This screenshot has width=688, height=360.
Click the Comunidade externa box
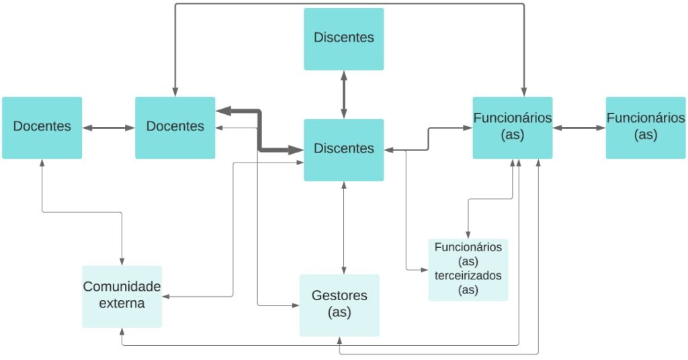pos(122,296)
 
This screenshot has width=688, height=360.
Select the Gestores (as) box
pos(339,304)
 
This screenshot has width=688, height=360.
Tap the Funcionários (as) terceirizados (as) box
pos(468,269)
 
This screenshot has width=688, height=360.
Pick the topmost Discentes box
pos(343,38)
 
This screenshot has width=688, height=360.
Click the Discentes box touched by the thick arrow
pos(343,149)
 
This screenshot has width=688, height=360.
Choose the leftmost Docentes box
pos(42,128)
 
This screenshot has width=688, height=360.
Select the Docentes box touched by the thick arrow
pos(175,128)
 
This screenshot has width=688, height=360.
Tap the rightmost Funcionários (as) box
pos(646,128)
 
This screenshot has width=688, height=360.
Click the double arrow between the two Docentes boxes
pos(108,127)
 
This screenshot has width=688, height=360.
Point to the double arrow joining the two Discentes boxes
pos(344,95)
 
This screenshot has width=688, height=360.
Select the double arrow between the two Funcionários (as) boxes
pos(579,127)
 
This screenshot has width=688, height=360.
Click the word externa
pos(122,303)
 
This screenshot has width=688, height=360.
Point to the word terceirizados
pos(468,275)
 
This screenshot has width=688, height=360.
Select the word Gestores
pos(339,296)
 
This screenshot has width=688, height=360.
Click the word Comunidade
pos(122,287)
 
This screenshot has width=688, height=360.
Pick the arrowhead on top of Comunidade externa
pos(122,261)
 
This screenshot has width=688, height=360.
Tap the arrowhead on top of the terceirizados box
pos(468,234)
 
